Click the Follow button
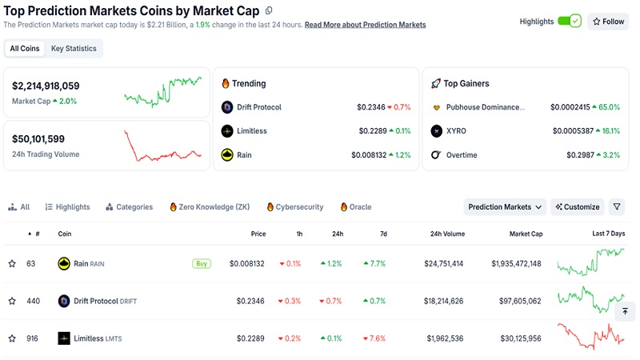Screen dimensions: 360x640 608,22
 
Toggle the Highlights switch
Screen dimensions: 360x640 569,22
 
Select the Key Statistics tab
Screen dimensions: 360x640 74,49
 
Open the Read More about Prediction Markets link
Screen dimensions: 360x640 365,25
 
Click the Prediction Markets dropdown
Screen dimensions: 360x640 505,207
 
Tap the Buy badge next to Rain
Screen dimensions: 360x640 202,263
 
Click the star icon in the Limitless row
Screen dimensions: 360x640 12,338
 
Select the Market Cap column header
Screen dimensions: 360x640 526,234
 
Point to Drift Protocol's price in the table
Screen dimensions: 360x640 250,301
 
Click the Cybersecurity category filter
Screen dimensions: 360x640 295,207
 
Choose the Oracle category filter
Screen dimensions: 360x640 356,207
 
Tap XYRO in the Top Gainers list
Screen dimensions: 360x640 457,130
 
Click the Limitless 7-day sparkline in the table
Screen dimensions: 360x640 591,337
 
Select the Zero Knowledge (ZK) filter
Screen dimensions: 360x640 210,207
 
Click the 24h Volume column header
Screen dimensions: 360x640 446,234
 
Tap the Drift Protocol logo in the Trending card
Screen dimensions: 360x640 227,107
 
